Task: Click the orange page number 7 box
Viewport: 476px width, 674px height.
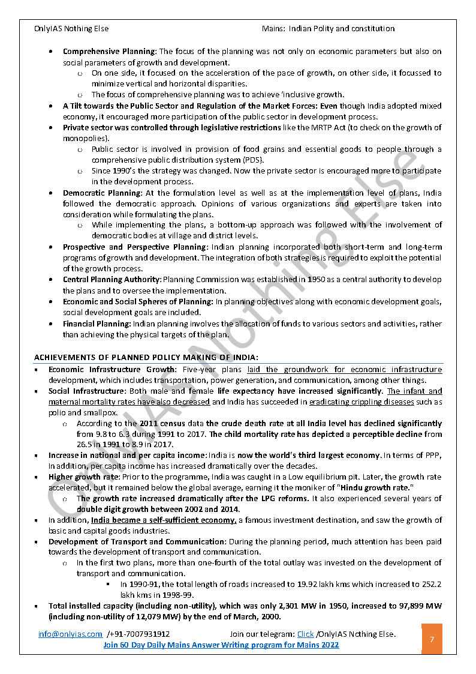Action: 432,639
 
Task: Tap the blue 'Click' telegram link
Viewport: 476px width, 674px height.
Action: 305,634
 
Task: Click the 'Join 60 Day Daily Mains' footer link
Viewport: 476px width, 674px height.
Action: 221,645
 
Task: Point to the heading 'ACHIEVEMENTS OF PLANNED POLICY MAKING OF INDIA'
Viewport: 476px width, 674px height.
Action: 146,358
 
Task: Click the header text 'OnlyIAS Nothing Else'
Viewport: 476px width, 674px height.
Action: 72,28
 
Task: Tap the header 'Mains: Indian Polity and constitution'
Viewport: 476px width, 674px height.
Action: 328,28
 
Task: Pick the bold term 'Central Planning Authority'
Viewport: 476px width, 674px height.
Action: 112,280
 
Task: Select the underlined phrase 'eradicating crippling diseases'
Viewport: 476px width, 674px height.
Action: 361,402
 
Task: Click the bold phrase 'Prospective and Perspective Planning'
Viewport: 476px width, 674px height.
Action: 135,247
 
